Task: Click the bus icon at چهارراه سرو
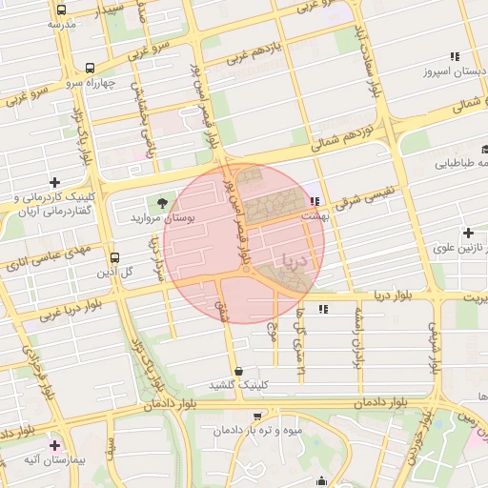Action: [x=90, y=69]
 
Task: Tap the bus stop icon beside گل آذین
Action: [x=114, y=257]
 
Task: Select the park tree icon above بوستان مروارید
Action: [x=161, y=202]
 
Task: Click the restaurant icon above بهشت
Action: [x=314, y=201]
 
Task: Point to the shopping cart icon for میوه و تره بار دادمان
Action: [x=256, y=416]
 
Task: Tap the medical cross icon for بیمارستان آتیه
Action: [x=54, y=445]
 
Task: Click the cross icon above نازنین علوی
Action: [x=468, y=233]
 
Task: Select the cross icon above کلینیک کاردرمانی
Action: [x=54, y=182]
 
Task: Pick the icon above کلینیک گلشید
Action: [x=236, y=371]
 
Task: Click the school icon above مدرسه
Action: [x=54, y=9]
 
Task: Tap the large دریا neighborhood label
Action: [x=290, y=258]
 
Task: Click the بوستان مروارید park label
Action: [x=163, y=218]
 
